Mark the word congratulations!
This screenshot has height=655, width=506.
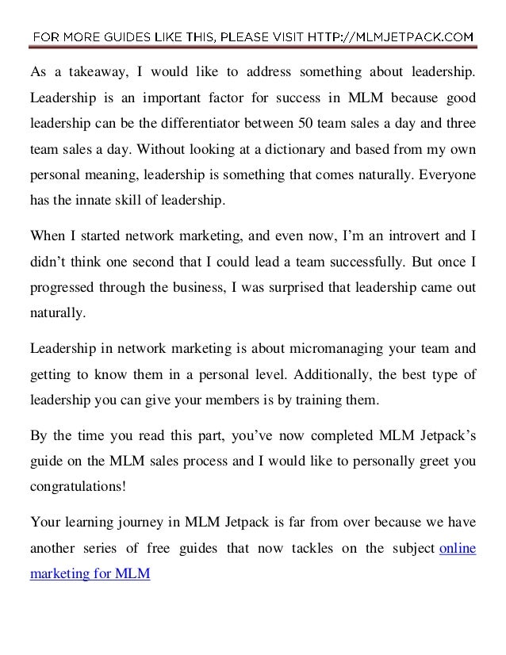[78, 484]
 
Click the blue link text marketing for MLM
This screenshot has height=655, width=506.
[90, 572]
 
